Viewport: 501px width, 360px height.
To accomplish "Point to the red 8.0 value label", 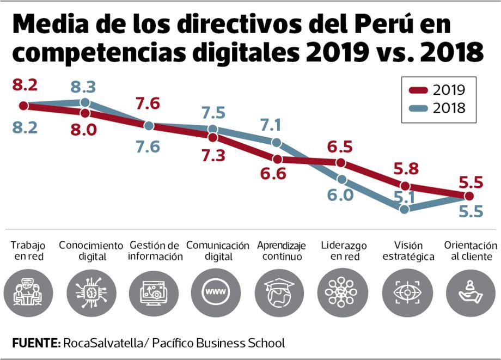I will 84,129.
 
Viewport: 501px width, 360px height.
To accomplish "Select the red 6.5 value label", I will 340,147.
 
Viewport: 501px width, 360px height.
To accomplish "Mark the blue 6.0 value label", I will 340,194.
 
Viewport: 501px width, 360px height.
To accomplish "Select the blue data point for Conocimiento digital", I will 85,102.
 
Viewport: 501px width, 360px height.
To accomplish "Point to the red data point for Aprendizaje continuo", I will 277,160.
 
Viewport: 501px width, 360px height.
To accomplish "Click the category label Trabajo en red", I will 28,251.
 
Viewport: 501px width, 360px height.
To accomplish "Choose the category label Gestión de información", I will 155,251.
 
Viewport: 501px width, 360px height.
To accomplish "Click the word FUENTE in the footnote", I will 35,343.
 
